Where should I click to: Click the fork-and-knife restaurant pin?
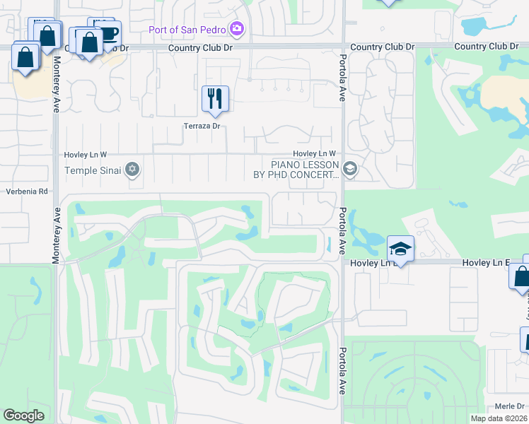point(216,98)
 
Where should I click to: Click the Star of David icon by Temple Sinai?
point(132,170)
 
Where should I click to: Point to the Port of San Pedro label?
point(187,30)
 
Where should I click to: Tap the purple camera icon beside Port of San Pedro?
point(237,29)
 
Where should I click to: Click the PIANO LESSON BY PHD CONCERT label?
point(296,170)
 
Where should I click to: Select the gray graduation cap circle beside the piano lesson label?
point(349,170)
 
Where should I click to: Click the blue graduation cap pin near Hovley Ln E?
point(400,249)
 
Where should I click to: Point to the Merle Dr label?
point(509,406)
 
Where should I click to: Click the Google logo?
point(24,416)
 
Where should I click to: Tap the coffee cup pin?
point(108,33)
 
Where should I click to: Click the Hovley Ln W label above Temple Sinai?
point(83,154)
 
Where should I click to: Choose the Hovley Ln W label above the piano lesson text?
point(314,154)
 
